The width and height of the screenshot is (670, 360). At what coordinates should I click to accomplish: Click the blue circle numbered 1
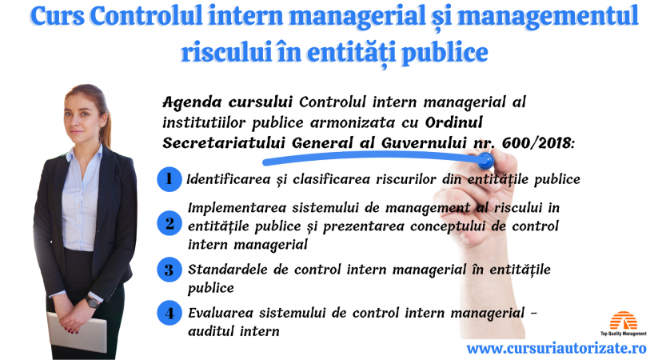[x=169, y=178]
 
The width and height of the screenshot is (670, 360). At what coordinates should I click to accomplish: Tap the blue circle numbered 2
[x=169, y=223]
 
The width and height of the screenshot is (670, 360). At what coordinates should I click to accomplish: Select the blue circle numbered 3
[x=169, y=270]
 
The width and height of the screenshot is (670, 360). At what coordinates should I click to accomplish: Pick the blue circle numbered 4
[x=169, y=313]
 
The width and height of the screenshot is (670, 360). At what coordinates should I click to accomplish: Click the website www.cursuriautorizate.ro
[x=556, y=348]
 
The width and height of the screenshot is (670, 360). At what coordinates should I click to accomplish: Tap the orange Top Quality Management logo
[x=624, y=324]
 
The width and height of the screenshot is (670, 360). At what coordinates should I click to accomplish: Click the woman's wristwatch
[x=92, y=302]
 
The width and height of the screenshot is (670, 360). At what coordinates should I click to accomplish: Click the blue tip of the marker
[x=485, y=161]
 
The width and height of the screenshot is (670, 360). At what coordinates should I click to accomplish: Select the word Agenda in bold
[x=192, y=103]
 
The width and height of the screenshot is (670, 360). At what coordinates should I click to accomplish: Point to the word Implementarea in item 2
[x=237, y=209]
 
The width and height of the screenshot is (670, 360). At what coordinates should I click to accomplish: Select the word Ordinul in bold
[x=454, y=122]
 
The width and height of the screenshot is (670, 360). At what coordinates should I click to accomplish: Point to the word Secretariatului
[x=224, y=143]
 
